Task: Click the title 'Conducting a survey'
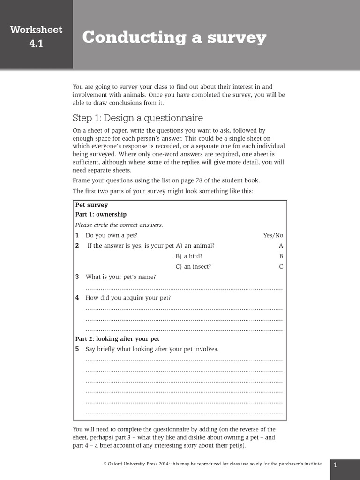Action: (x=174, y=37)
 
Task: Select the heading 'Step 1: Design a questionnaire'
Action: (x=138, y=118)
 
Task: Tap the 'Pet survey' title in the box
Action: (x=91, y=205)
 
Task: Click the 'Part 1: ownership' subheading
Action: (x=101, y=214)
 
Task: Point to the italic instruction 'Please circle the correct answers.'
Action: (x=119, y=225)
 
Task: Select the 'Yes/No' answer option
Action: (x=273, y=235)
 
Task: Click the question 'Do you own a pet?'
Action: (x=112, y=235)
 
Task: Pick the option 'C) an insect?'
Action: (x=193, y=266)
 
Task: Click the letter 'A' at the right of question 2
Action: (x=281, y=246)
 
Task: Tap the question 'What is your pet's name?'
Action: (x=120, y=277)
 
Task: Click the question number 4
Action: (x=77, y=298)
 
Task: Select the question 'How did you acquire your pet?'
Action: (x=128, y=298)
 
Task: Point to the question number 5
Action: (x=77, y=349)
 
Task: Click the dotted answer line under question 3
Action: (x=184, y=288)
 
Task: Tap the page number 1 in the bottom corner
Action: (x=336, y=465)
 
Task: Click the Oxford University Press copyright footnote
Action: (x=212, y=464)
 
